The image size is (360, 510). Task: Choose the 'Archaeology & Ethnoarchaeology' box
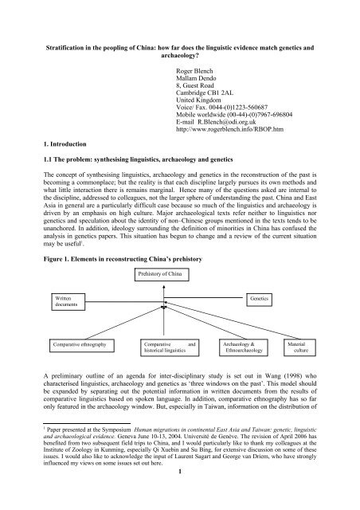pos(246,348)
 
